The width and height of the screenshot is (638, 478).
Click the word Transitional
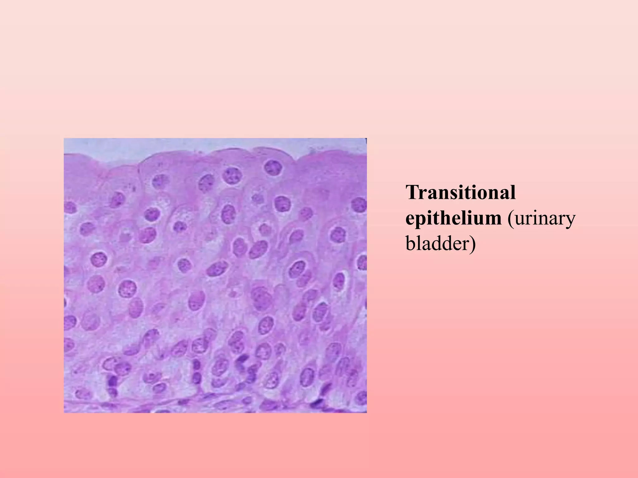tap(460, 193)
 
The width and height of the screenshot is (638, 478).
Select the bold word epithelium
tap(453, 219)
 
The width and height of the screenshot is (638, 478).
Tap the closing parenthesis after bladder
tap(473, 244)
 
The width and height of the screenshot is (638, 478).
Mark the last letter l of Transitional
tap(512, 193)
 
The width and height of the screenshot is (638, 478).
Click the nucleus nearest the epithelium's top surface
tap(273, 167)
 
